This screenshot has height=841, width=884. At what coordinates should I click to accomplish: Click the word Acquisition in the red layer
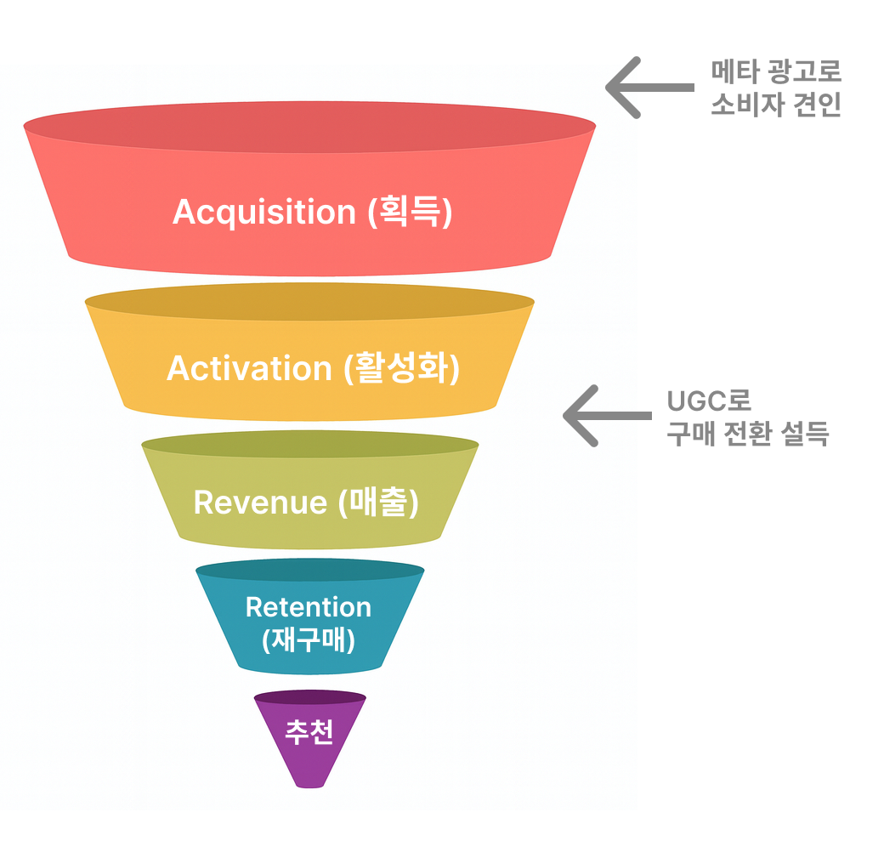coord(263,212)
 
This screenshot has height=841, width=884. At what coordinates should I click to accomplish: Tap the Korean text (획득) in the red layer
coord(410,212)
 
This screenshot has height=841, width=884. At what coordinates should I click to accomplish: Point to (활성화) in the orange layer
coord(402,368)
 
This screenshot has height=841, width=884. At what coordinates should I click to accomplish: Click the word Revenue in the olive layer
coord(260,502)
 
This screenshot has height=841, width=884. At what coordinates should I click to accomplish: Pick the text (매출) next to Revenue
coord(378,502)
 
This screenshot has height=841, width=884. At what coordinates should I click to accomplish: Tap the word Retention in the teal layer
coord(309,607)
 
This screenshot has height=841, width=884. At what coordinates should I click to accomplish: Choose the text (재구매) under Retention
coord(309,639)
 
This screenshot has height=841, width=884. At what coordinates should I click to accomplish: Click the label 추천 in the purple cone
coord(309,732)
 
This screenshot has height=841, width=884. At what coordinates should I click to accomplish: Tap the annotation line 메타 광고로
coord(776,72)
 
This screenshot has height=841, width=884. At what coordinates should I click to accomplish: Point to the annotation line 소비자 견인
coord(775,105)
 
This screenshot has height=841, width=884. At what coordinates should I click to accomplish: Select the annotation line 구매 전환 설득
coord(747,434)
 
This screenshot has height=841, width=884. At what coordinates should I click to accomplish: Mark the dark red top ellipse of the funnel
coord(309,127)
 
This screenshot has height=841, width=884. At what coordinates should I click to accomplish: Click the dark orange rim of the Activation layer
coord(309,301)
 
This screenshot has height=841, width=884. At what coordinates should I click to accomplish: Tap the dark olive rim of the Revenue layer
coord(309,445)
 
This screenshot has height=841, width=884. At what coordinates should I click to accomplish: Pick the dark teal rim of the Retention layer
coord(309,570)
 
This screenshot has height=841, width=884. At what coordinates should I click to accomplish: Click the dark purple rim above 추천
coord(309,697)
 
